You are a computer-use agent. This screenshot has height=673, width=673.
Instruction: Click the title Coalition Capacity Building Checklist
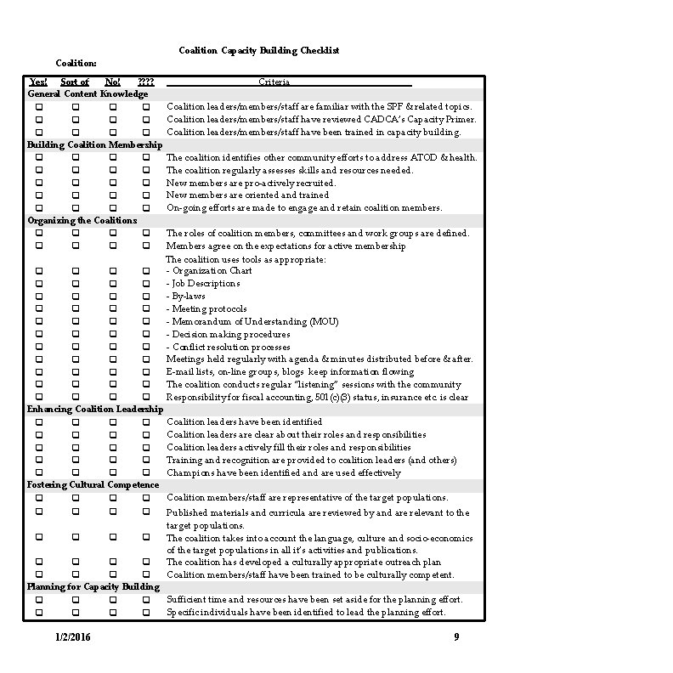click(x=258, y=51)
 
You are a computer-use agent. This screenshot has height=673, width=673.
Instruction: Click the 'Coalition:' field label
click(x=76, y=64)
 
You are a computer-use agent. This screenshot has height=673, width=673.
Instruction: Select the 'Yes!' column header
click(x=38, y=82)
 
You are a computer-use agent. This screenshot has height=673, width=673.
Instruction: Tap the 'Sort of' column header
click(x=75, y=82)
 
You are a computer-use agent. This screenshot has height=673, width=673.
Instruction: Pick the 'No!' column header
click(x=112, y=82)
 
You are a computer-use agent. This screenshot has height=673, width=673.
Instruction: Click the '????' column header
click(x=145, y=82)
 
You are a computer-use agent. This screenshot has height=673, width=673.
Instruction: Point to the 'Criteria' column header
click(x=274, y=82)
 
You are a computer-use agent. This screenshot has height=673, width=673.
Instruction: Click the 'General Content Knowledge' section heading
click(x=88, y=94)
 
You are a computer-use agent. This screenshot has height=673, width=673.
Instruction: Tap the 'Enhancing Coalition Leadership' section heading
click(x=95, y=410)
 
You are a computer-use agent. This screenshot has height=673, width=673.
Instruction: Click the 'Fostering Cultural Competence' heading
click(x=93, y=485)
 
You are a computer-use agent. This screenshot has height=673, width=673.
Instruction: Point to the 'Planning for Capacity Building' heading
click(x=93, y=587)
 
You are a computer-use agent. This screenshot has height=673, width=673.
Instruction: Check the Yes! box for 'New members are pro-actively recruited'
click(x=39, y=183)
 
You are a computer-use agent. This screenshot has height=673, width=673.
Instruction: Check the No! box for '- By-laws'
click(x=112, y=296)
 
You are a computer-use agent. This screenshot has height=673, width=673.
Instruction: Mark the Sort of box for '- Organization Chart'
click(x=76, y=271)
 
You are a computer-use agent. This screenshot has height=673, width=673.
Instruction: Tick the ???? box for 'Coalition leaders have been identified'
click(x=145, y=422)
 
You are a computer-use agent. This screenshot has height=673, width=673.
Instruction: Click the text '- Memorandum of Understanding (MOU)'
click(x=240, y=321)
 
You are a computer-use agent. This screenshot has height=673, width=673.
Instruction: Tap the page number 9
click(x=456, y=637)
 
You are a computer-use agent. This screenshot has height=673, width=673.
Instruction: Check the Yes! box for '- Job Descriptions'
click(x=39, y=284)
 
